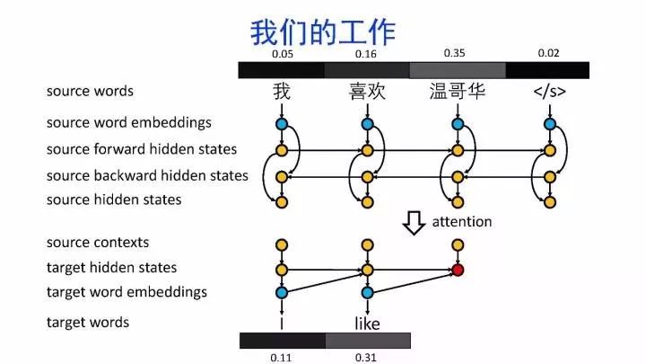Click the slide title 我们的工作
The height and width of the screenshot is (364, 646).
tap(322, 33)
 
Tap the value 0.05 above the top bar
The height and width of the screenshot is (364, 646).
tap(282, 54)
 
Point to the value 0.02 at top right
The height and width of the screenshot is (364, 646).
tap(548, 53)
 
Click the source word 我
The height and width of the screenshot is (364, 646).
tap(282, 92)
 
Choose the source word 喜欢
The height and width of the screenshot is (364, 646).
tap(367, 92)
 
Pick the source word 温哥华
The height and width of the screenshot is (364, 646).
tap(458, 92)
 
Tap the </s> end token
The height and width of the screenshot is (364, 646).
tap(549, 92)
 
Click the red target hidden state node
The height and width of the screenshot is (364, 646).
tap(458, 269)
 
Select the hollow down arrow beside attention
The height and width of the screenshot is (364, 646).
tap(414, 221)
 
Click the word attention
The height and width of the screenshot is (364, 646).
tap(462, 221)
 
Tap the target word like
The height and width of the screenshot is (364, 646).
tap(368, 323)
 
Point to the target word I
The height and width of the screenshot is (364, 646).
tap(282, 322)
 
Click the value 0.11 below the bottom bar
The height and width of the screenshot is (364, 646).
tap(282, 357)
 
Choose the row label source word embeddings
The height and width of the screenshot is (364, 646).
tap(129, 122)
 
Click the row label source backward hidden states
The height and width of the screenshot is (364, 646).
tap(147, 175)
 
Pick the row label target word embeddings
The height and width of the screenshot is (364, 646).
tap(127, 291)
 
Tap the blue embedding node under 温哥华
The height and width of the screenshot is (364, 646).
tap(458, 124)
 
